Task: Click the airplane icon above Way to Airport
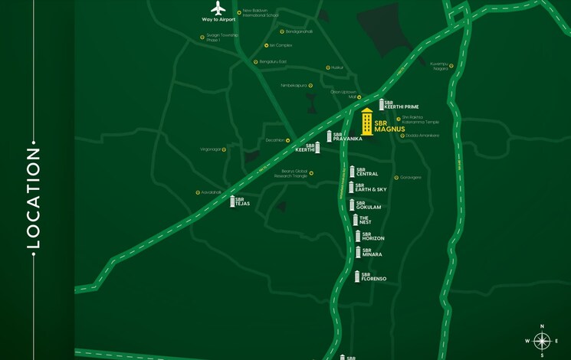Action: click(218, 9)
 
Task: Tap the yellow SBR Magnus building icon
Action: click(367, 122)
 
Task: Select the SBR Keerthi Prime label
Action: click(401, 104)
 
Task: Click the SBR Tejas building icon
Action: click(232, 201)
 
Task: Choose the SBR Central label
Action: click(367, 172)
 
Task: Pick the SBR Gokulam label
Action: click(369, 205)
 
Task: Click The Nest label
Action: click(365, 220)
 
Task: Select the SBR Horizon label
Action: click(373, 237)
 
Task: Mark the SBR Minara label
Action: click(372, 252)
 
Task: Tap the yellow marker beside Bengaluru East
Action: click(256, 62)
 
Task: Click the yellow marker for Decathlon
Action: click(287, 141)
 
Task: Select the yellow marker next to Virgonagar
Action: click(225, 149)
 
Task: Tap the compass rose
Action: click(542, 341)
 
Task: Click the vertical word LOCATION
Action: click(33, 198)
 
